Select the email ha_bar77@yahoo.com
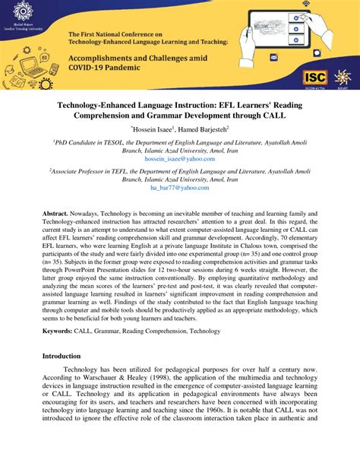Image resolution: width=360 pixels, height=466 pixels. click(179, 187)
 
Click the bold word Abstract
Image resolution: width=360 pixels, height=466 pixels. click(56, 217)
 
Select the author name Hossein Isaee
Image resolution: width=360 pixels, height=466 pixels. click(155, 130)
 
